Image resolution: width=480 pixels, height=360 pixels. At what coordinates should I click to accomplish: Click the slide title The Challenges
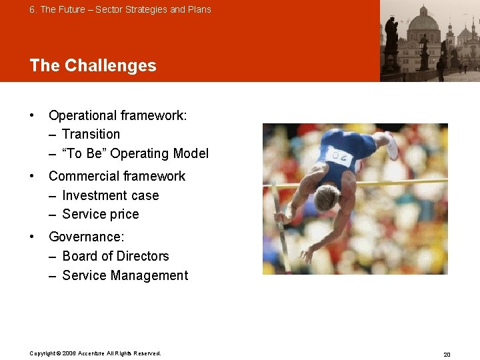pyautogui.click(x=93, y=65)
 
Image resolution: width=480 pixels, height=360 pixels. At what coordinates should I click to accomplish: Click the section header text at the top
pyautogui.click(x=120, y=9)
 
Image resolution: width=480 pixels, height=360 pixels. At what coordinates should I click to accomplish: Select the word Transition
pyautogui.click(x=91, y=134)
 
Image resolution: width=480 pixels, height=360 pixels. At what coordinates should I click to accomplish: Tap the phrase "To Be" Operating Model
pyautogui.click(x=135, y=153)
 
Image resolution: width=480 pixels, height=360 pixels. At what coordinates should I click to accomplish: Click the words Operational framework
pyautogui.click(x=117, y=115)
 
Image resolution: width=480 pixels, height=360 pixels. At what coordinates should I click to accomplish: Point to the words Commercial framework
pyautogui.click(x=117, y=176)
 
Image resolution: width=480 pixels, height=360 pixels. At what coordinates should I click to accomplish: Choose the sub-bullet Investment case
pyautogui.click(x=110, y=195)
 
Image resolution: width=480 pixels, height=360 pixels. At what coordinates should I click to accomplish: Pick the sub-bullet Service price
pyautogui.click(x=100, y=214)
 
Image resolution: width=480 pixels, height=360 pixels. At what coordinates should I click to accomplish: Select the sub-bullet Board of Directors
pyautogui.click(x=115, y=256)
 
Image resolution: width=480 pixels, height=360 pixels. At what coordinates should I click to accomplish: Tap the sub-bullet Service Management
pyautogui.click(x=125, y=275)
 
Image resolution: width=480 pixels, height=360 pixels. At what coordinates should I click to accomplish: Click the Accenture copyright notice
pyautogui.click(x=95, y=353)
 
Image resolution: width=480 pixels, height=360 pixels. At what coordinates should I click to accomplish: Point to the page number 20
pyautogui.click(x=447, y=354)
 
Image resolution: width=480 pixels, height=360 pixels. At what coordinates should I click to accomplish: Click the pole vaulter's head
pyautogui.click(x=327, y=198)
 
